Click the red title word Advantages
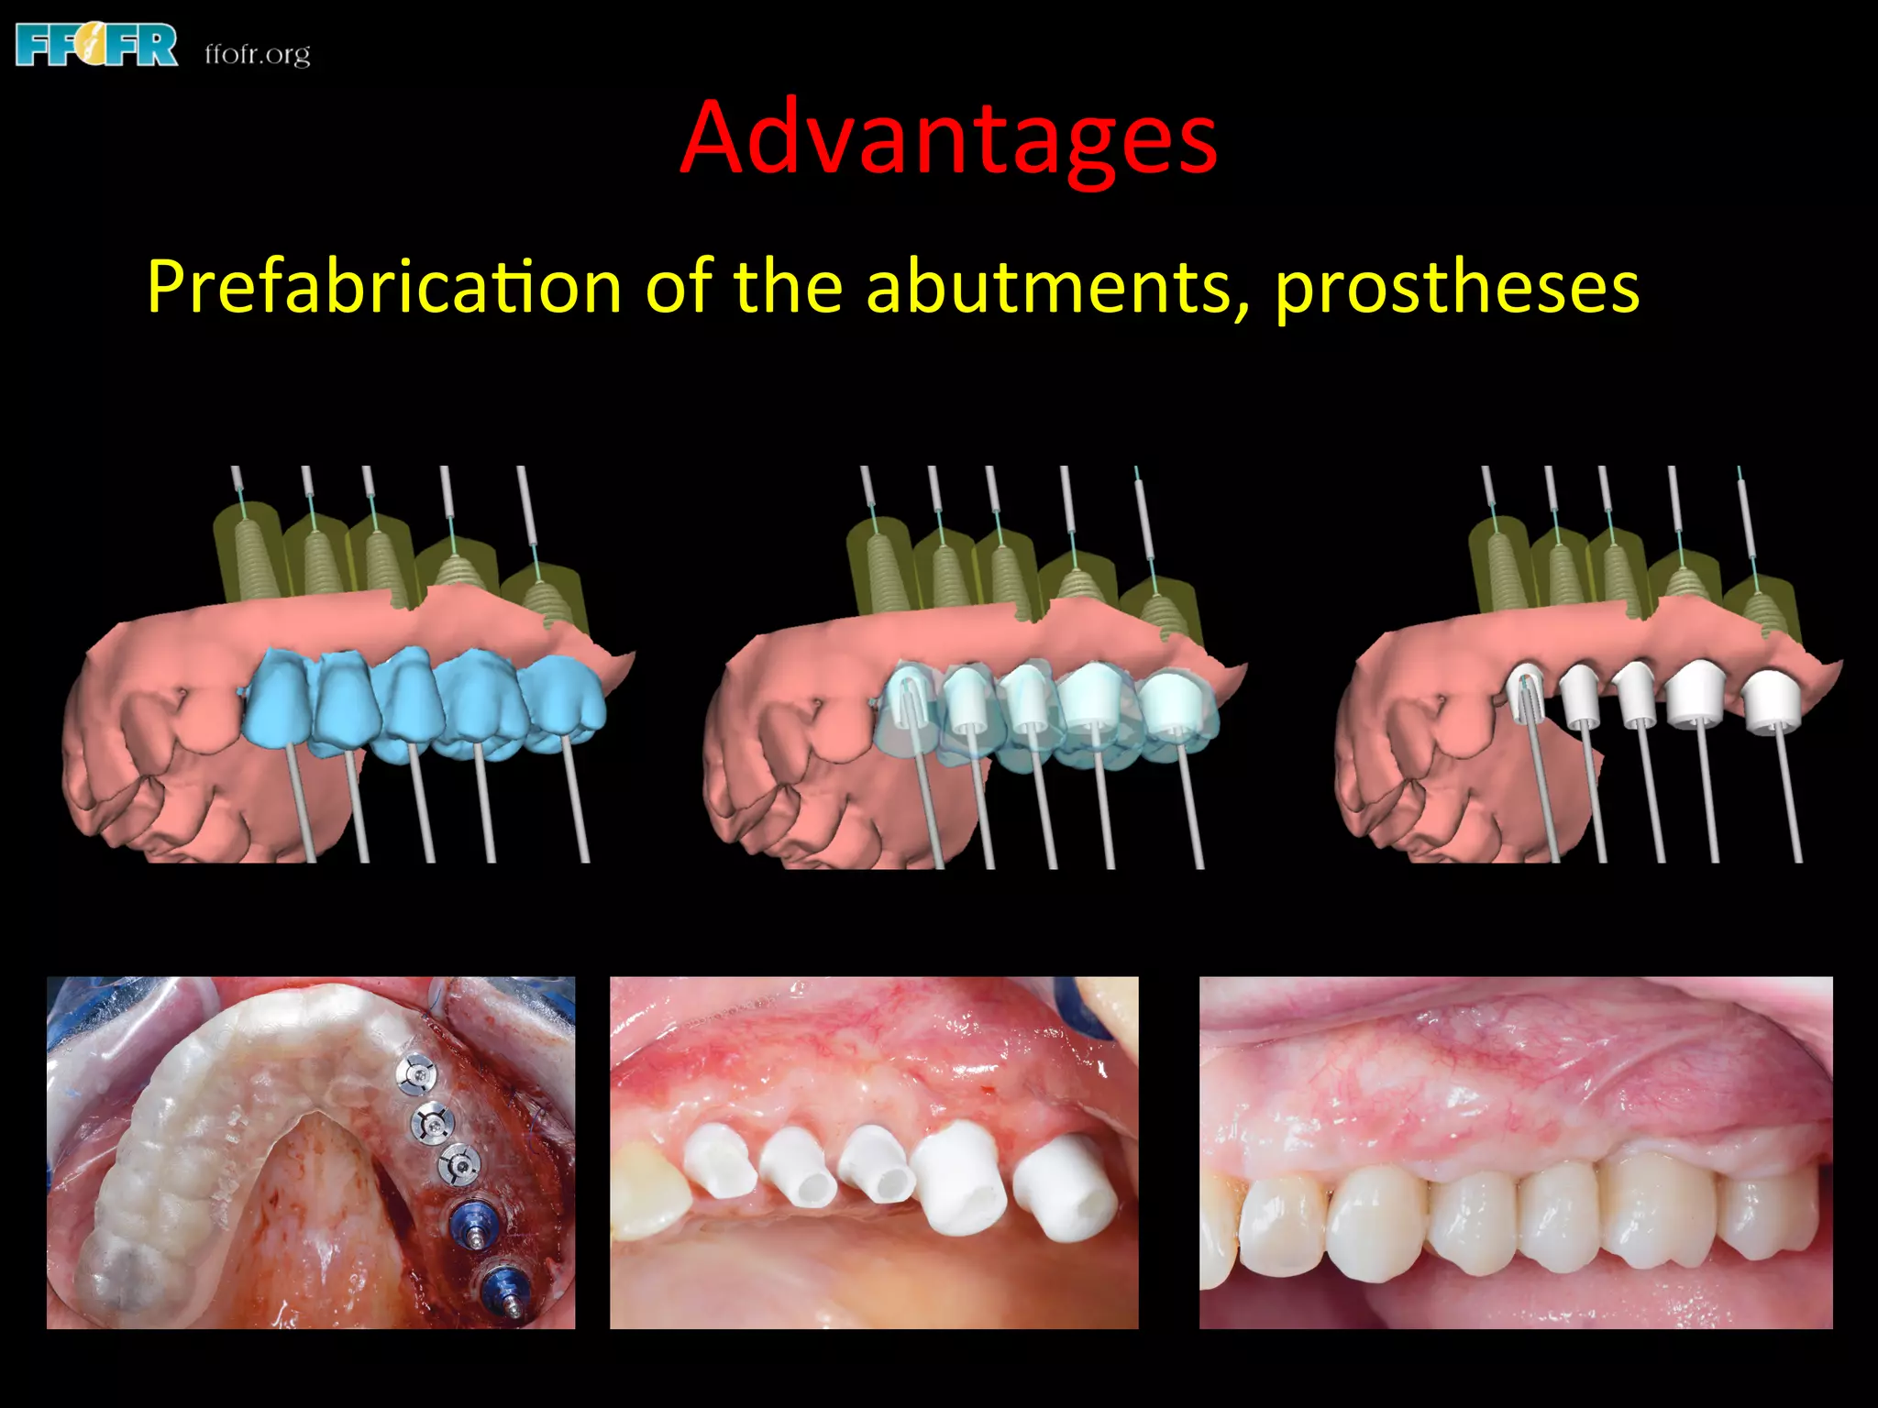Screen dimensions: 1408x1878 [x=948, y=139]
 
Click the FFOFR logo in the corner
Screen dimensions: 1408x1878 [x=97, y=46]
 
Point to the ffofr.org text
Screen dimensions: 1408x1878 [x=258, y=54]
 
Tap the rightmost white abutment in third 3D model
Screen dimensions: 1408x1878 [x=1771, y=701]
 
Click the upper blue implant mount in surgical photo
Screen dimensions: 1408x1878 [x=470, y=1220]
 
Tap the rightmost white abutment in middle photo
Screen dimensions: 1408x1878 [x=1066, y=1186]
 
